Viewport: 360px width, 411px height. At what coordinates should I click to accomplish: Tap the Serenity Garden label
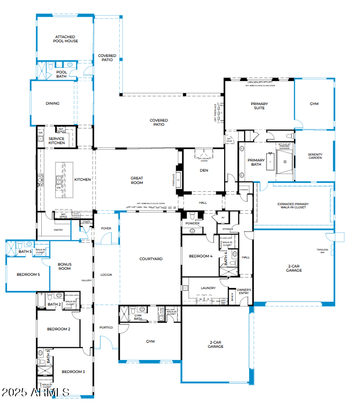pos(315,156)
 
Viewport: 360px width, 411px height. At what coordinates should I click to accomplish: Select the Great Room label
pos(137,180)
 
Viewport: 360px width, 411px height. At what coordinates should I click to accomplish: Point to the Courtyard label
pos(151,259)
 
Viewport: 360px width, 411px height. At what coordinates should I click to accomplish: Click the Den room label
pos(204,170)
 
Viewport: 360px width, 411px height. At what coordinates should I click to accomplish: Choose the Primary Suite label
pos(259,106)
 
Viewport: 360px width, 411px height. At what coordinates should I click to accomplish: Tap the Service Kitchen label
pos(57,141)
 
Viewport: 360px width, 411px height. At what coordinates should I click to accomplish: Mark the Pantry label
pos(58,230)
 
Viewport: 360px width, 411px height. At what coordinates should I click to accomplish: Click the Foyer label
pos(106,228)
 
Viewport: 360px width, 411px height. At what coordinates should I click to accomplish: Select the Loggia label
pos(106,275)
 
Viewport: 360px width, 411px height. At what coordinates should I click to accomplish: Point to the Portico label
pos(106,327)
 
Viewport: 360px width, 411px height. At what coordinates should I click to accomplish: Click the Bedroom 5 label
pos(28,274)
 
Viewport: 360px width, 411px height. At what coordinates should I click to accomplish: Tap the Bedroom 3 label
pos(73,372)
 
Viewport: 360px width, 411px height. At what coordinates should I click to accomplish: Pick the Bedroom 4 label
pos(201,256)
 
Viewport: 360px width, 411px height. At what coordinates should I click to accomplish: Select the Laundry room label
pos(208,288)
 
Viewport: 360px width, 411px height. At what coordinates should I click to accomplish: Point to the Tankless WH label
pos(322,251)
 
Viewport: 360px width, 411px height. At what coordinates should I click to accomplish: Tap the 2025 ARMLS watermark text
pos(35,392)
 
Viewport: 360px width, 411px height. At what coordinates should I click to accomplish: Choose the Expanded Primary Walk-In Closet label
pos(293,206)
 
